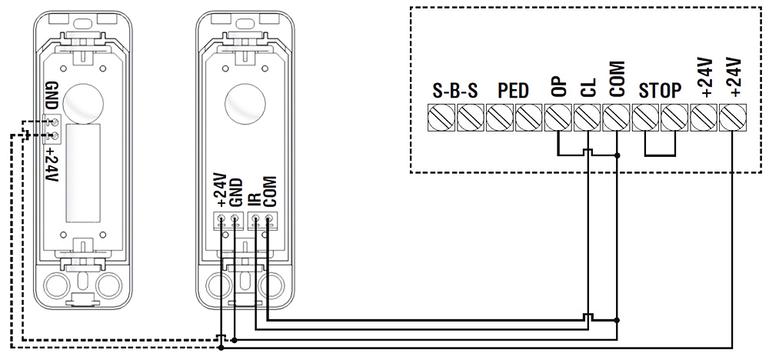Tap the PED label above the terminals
coord(513,90)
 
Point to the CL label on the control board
coord(588,84)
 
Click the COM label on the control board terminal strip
coord(618,79)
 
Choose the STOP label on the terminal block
coord(660,90)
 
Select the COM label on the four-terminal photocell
coord(268,189)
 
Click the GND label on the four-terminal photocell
coord(236,192)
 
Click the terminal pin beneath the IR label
coord(255,222)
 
